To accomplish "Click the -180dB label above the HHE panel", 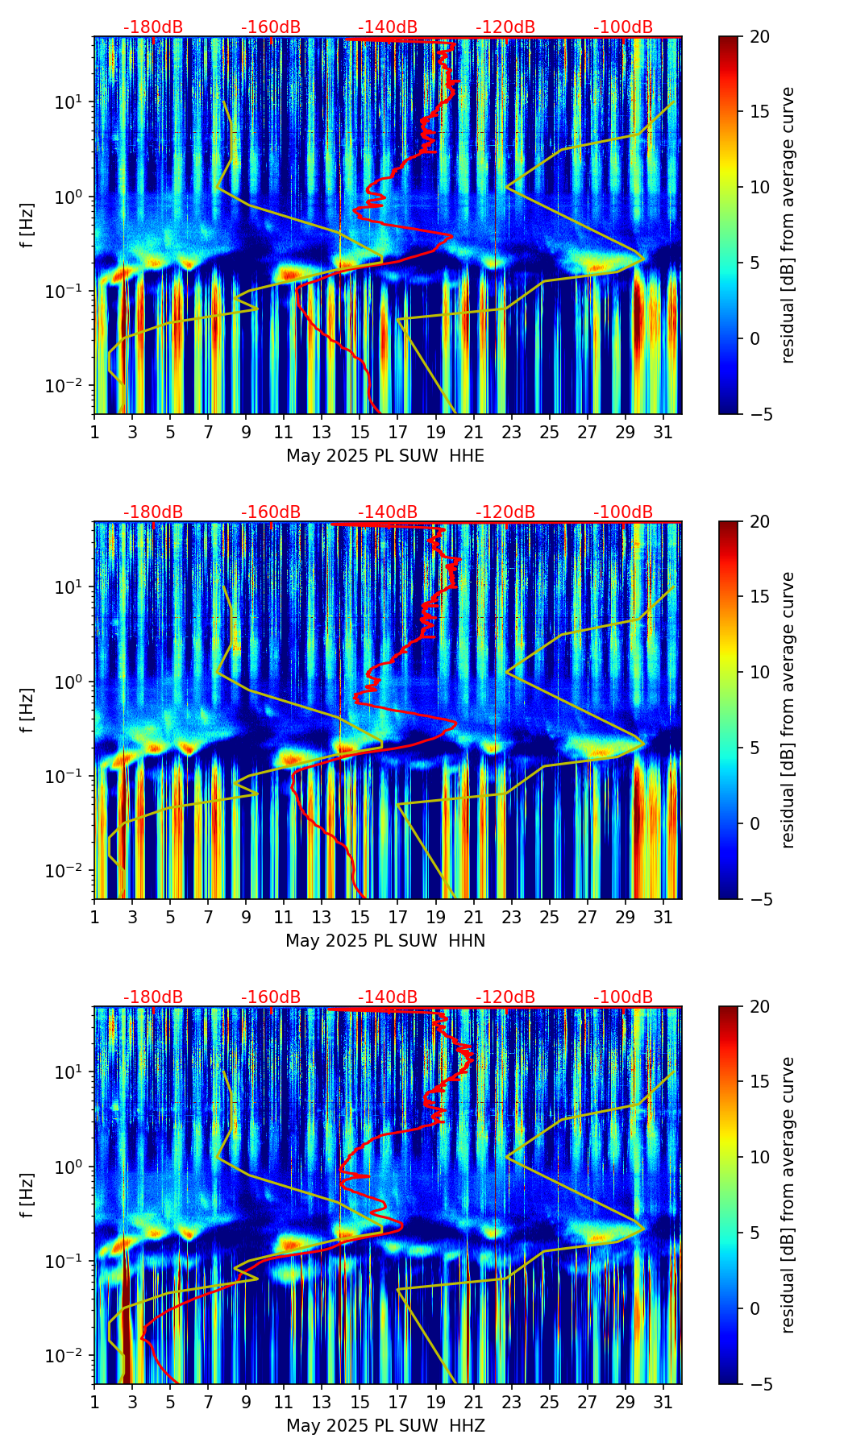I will click(x=153, y=27).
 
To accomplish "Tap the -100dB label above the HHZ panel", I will click(x=623, y=997).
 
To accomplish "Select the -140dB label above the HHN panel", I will click(x=388, y=512).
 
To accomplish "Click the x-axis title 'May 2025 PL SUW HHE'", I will click(x=385, y=456).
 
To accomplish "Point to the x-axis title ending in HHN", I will click(x=385, y=941).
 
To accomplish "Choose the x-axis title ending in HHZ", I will click(x=385, y=1426).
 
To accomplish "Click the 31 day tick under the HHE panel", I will click(x=663, y=433).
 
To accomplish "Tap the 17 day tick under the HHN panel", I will click(x=398, y=918).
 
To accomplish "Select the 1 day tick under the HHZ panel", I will click(x=94, y=1403).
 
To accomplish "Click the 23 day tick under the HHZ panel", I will click(x=512, y=1403).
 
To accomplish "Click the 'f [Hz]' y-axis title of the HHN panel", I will click(x=27, y=710).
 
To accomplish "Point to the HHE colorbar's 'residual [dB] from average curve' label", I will click(x=788, y=225).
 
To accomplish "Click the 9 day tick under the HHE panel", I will click(x=246, y=433).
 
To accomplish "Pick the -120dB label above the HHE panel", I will click(x=505, y=27).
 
